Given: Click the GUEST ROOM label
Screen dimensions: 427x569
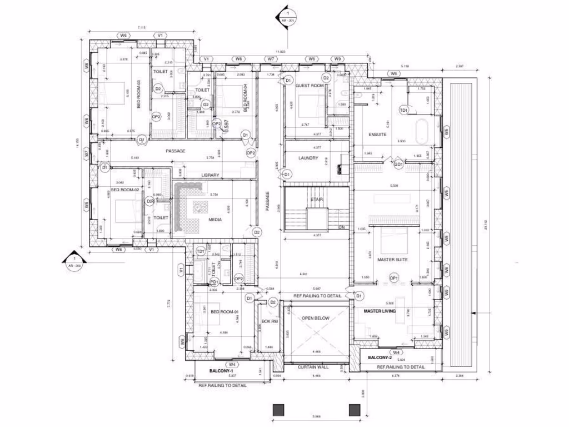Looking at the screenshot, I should point(310,86).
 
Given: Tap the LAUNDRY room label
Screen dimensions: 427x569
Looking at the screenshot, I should point(308,158).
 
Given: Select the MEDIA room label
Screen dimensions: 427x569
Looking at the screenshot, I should point(215,220).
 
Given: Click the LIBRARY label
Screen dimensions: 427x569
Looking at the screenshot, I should point(210,175).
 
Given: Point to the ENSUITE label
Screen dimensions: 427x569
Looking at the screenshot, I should point(377,135).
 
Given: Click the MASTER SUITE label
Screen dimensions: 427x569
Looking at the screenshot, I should point(393,260).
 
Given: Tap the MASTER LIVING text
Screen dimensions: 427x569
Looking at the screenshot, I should point(380,311).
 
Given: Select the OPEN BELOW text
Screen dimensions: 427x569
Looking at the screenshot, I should point(316,318).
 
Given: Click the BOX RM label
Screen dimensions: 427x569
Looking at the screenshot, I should point(269,321).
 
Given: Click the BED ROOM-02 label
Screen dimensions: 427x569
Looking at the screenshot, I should point(124,190).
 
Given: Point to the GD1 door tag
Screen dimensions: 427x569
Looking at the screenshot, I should point(398,165).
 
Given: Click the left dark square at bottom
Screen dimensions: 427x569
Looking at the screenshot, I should point(279,410).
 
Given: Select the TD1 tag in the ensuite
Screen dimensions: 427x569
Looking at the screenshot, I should point(404,111).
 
